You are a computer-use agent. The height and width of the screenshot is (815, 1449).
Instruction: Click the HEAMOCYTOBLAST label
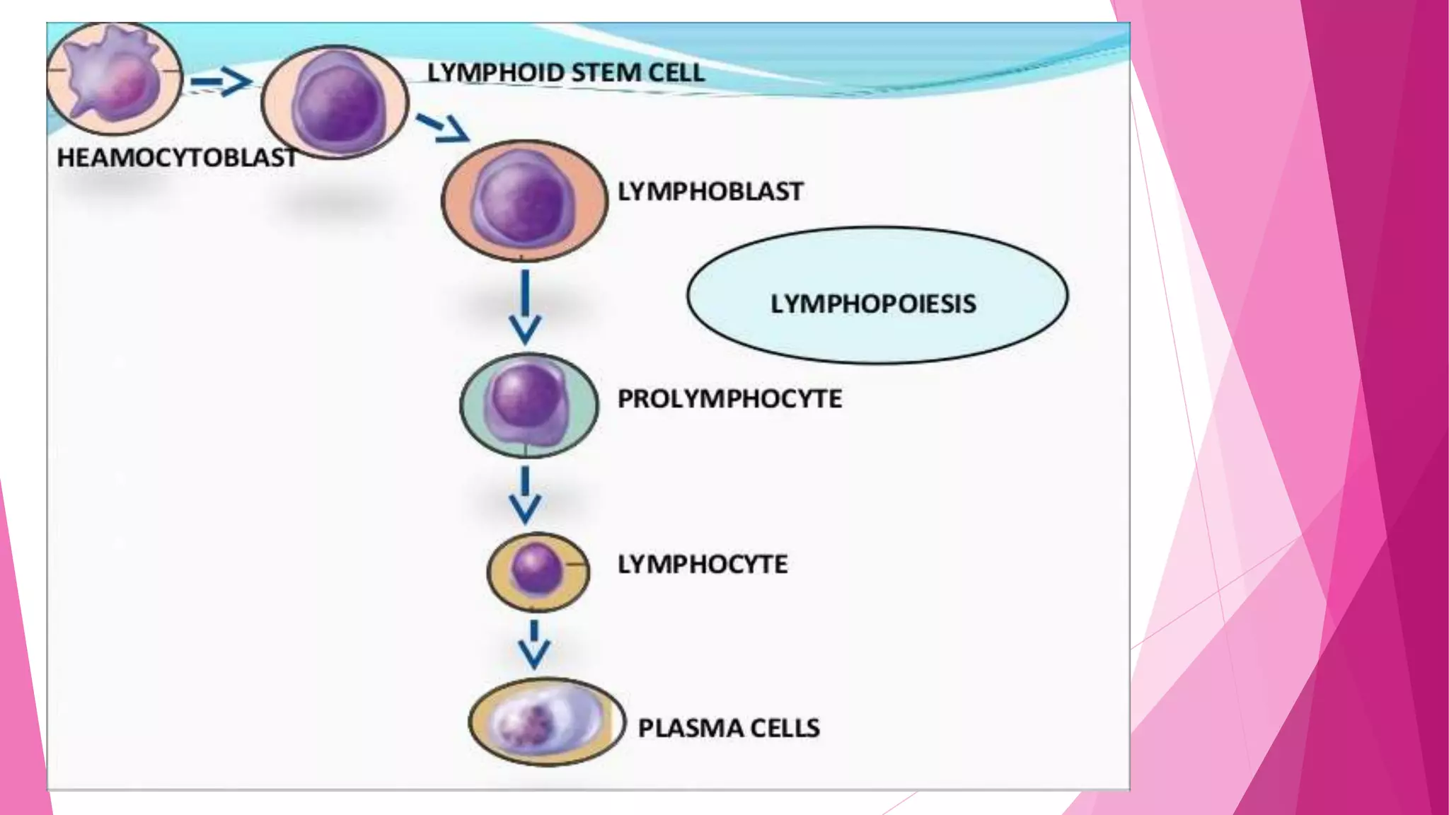tap(177, 157)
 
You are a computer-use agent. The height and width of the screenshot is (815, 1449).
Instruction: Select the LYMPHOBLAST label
tap(710, 192)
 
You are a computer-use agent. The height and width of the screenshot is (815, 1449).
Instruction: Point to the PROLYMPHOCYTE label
tap(729, 399)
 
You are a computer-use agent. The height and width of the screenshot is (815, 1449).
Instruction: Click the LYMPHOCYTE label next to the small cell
tap(702, 565)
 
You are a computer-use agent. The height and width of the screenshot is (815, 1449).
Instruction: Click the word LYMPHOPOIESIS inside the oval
tap(873, 304)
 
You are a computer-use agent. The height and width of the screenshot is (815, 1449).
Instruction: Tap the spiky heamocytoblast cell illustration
tap(113, 78)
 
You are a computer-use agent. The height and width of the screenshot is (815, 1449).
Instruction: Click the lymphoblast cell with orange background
tap(524, 200)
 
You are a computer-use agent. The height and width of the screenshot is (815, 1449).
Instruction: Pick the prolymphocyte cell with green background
tap(529, 405)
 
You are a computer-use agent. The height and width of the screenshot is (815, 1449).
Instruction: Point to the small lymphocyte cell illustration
tap(538, 571)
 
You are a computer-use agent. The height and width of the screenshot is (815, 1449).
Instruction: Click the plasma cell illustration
tap(546, 722)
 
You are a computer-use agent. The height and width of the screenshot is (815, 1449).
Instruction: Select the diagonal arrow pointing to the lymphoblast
tap(443, 127)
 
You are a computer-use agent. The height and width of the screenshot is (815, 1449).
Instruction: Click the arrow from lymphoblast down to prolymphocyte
tap(525, 308)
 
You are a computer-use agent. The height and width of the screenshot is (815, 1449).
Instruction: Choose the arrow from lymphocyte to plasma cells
tap(534, 644)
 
